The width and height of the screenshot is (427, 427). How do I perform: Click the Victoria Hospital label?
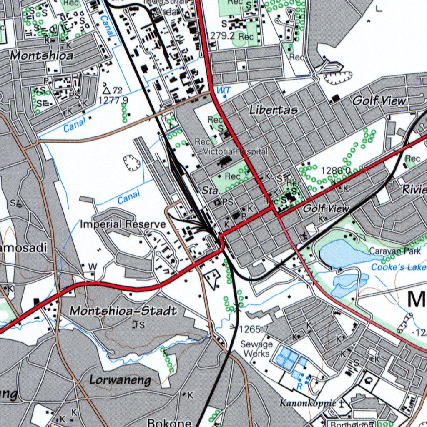pos(235,151)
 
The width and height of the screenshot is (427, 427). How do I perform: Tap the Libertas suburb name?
pos(274,110)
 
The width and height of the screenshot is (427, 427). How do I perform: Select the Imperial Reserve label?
pos(123,224)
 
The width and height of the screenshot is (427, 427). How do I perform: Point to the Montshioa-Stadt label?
pos(123,311)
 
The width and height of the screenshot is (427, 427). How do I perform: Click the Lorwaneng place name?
pos(120,379)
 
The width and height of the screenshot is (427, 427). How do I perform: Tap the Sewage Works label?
pos(256,349)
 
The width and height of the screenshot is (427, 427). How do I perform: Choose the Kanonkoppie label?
pos(308,403)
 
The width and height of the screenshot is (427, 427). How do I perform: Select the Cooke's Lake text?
pos(399,267)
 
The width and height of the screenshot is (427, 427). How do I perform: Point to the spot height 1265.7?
pos(254,329)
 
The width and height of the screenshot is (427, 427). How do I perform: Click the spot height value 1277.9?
pos(113,100)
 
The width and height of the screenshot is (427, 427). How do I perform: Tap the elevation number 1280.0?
pos(336,170)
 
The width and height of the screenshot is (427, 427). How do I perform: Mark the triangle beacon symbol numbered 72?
pos(106,90)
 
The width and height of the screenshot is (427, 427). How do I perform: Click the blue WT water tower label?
pos(223,90)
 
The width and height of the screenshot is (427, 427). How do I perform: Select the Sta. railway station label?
pos(210,191)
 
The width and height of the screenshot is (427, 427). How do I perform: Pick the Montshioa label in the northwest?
pos(42,55)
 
